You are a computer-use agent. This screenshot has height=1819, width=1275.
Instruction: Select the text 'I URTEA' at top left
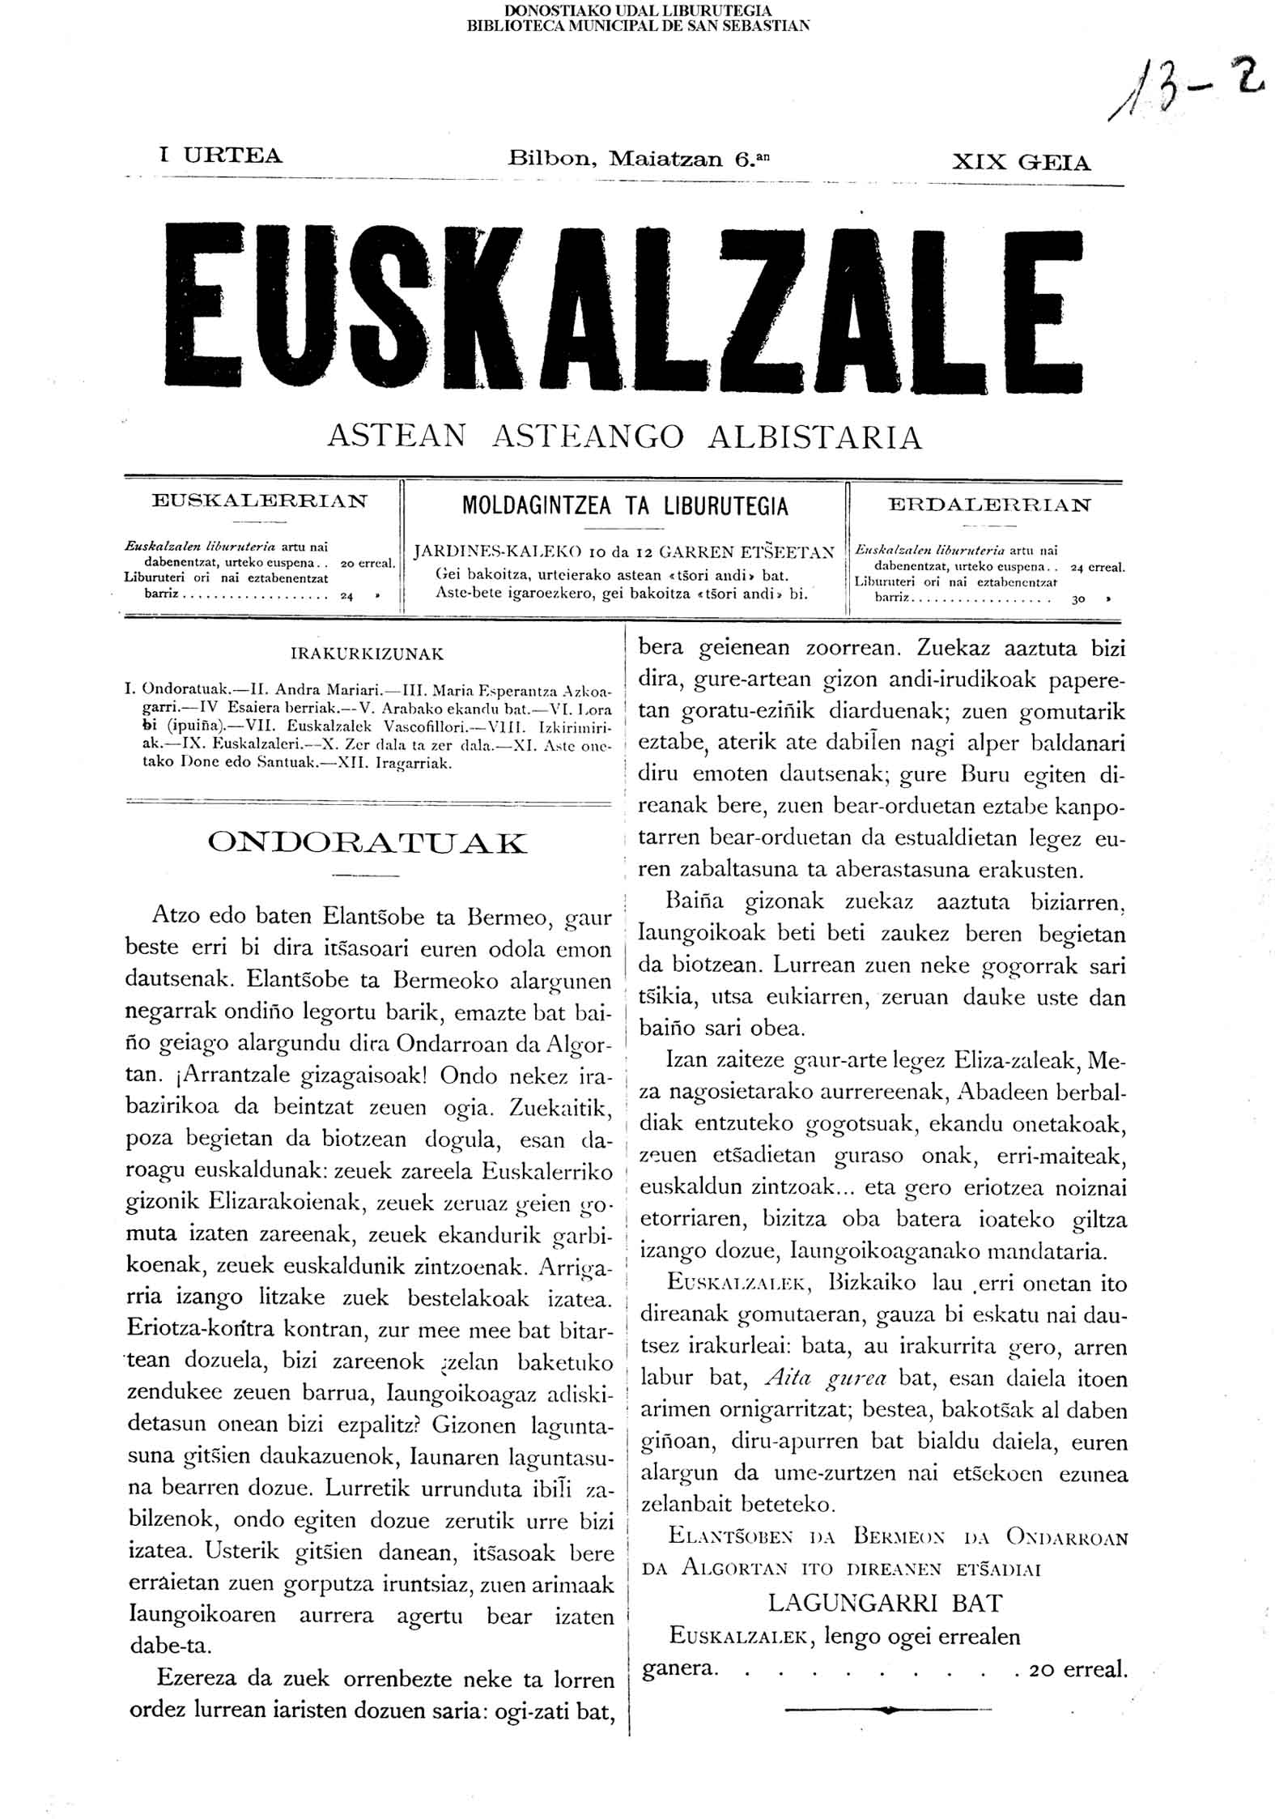(221, 155)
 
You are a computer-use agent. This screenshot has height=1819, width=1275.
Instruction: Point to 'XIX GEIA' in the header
(1021, 163)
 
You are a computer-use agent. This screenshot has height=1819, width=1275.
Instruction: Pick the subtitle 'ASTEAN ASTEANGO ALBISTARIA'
(624, 437)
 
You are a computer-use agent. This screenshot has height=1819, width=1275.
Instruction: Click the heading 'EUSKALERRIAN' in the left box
(259, 501)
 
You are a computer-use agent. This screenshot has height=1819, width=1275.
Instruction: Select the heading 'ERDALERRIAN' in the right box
(989, 505)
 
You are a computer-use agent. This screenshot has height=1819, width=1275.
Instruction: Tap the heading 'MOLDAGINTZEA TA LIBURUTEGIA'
(624, 507)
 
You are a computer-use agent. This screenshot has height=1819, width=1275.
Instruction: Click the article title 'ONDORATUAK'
(367, 843)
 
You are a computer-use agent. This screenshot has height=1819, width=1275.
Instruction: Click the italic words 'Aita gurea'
(826, 1378)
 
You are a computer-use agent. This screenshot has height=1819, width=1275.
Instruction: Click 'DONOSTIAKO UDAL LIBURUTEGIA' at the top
(638, 11)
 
